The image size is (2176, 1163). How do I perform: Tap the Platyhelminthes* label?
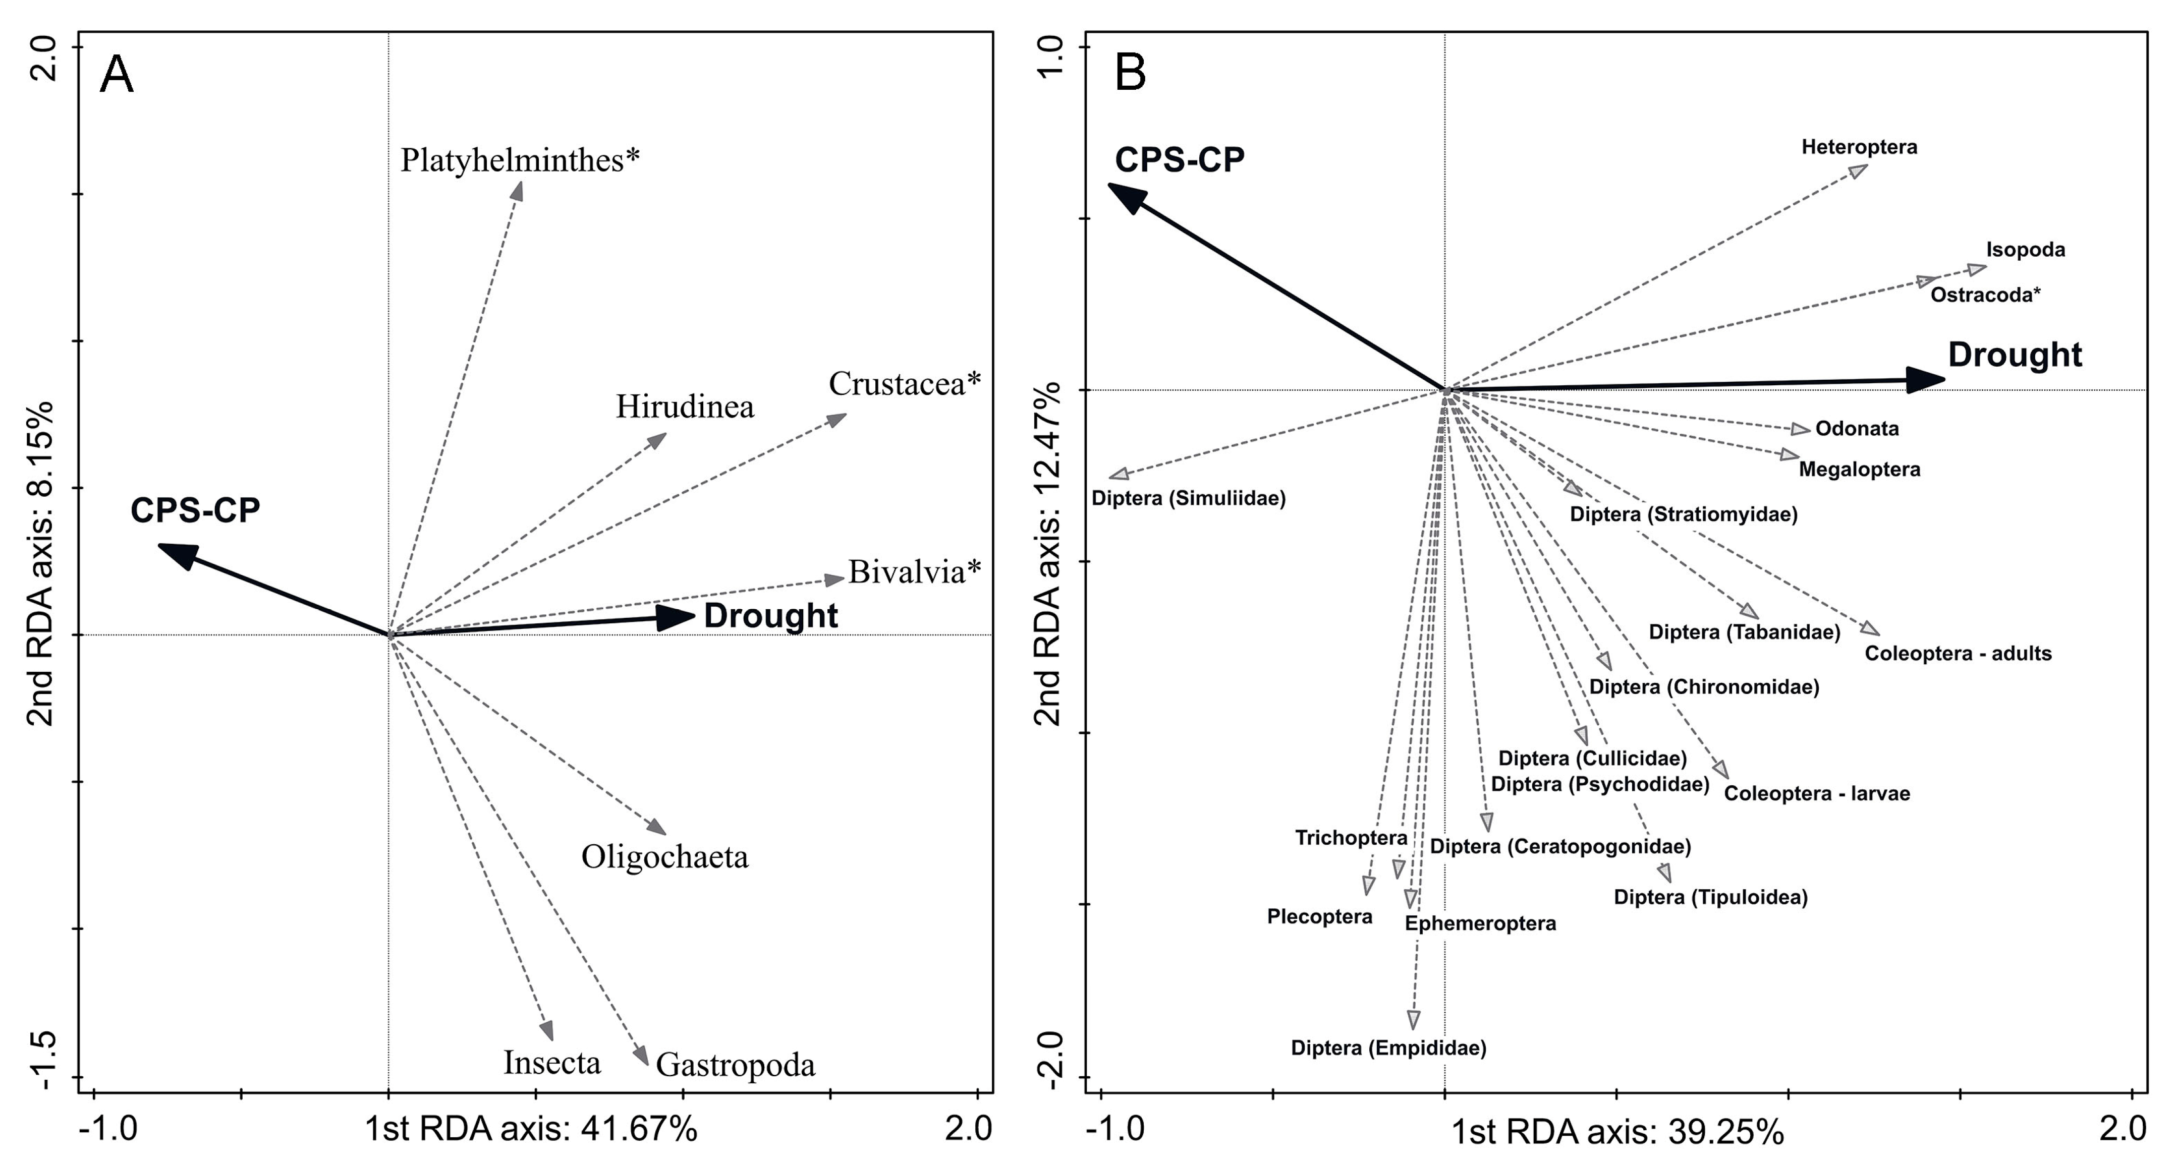tap(520, 160)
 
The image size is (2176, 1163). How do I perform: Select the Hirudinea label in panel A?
tap(684, 407)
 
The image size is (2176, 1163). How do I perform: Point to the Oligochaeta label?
tap(665, 857)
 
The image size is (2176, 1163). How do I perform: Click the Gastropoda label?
tap(735, 1065)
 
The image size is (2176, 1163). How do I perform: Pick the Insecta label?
tap(551, 1063)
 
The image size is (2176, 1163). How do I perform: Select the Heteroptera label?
tap(1859, 147)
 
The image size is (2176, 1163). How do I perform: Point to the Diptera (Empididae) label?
tap(1388, 1048)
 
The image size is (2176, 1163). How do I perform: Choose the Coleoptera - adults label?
tap(1958, 654)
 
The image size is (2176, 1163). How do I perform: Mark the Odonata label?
tap(1857, 428)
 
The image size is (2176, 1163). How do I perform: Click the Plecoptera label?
tap(1319, 916)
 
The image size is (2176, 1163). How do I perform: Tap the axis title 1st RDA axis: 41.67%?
tap(530, 1129)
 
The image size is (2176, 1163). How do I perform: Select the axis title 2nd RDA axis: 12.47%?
tap(1047, 554)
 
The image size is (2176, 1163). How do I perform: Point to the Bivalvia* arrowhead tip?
tap(842, 578)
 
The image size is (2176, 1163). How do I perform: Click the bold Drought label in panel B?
tap(2015, 355)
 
